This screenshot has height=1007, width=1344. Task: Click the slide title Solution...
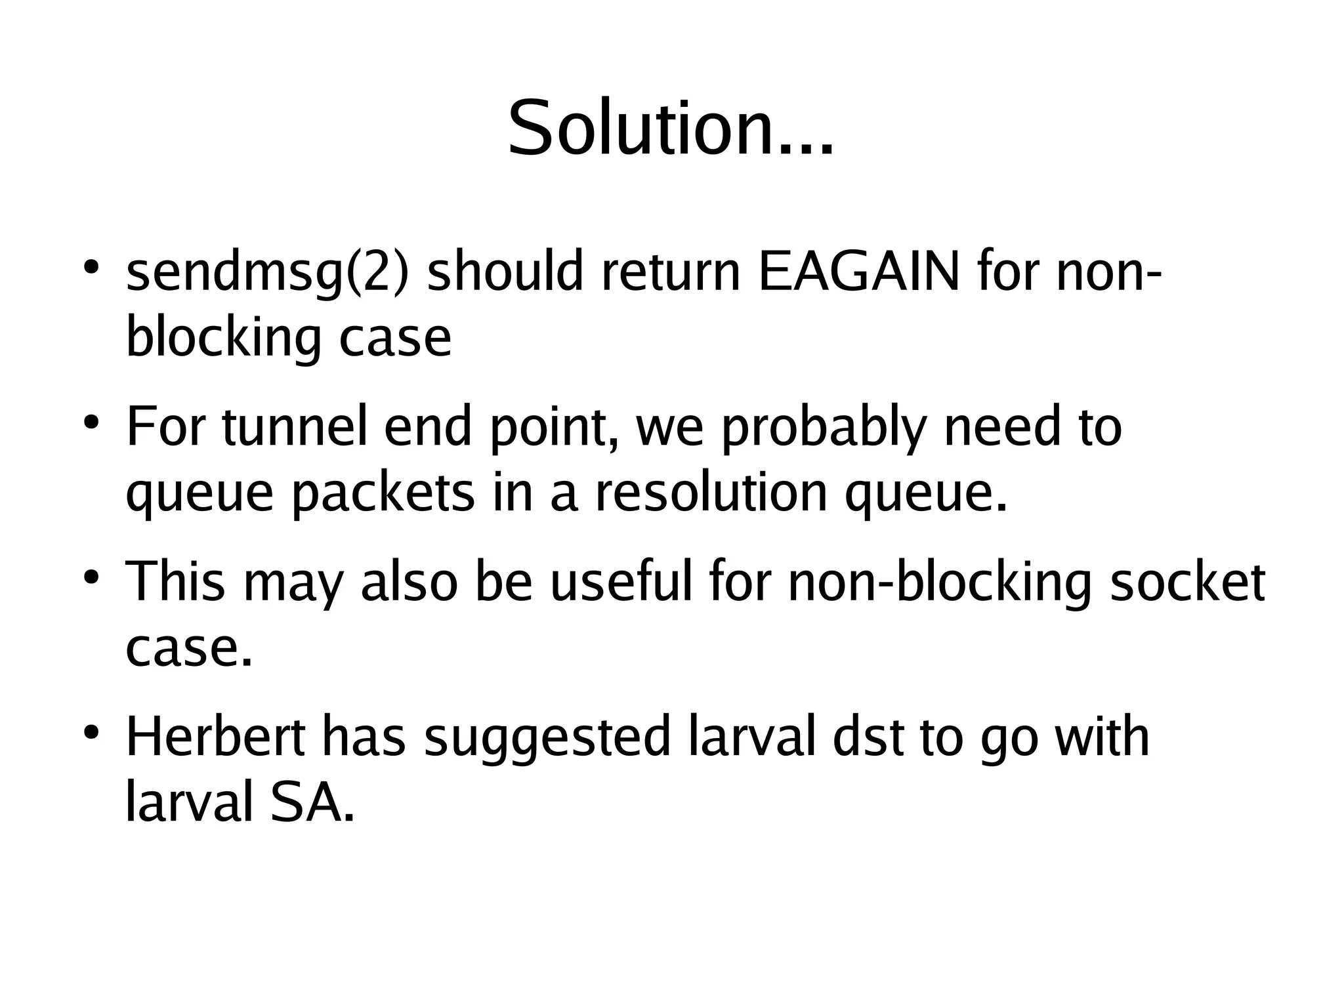pyautogui.click(x=671, y=128)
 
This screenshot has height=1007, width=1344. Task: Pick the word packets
pyautogui.click(x=383, y=494)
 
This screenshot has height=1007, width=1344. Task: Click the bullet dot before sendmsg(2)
pyautogui.click(x=92, y=267)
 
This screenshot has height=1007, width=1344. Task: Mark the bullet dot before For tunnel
pyautogui.click(x=92, y=421)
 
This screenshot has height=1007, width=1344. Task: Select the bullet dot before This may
pyautogui.click(x=92, y=577)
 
